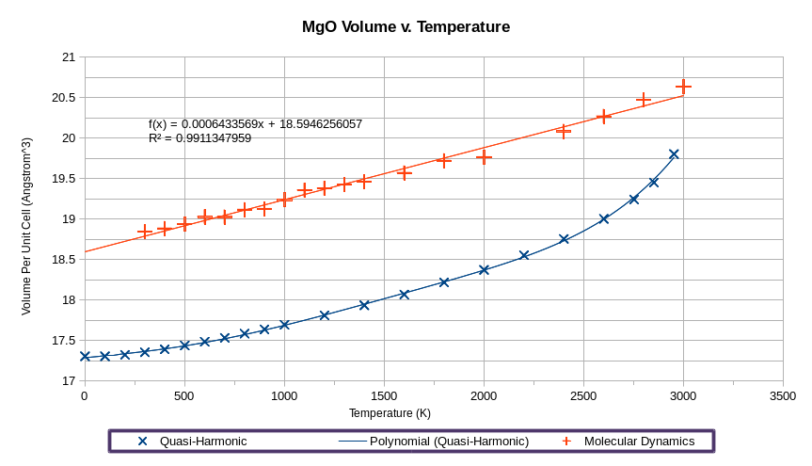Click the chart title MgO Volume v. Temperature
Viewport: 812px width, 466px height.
pos(406,27)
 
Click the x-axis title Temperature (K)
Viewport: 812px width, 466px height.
pos(390,413)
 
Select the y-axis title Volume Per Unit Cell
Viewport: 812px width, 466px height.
pos(26,219)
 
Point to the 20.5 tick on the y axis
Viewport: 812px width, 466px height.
pos(62,98)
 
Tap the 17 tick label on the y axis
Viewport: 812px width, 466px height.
pos(68,381)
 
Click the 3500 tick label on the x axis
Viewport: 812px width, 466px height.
pos(782,396)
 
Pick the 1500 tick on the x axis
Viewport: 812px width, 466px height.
pos(384,396)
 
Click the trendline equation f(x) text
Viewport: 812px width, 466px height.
pos(255,124)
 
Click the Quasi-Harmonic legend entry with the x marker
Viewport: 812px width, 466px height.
pos(193,441)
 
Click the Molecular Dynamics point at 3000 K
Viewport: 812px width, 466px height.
pos(683,87)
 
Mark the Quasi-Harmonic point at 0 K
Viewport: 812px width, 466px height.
pos(85,356)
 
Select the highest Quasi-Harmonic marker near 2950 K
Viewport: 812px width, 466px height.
pos(674,154)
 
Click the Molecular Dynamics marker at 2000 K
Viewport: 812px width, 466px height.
pos(484,156)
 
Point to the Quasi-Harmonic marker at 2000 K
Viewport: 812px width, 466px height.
pos(484,270)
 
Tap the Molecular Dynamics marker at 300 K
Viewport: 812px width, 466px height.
pos(145,232)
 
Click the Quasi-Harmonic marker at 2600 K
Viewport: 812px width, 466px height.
pos(604,219)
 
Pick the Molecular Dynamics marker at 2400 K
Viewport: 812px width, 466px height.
pos(564,131)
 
